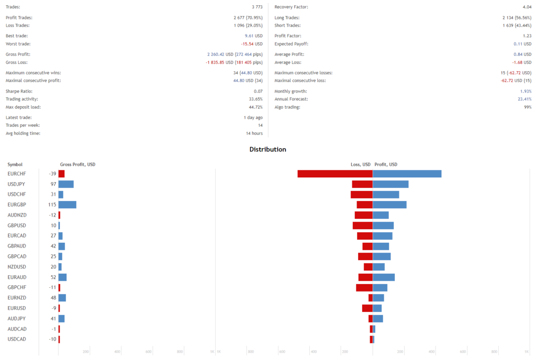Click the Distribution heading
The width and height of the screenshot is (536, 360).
[267, 150]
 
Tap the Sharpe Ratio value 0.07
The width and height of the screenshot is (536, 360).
[258, 92]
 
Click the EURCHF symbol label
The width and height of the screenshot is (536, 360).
[17, 174]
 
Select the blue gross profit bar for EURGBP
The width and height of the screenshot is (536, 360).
[68, 205]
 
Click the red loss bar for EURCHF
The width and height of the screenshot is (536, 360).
[335, 174]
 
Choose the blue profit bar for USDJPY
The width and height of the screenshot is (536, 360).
[390, 184]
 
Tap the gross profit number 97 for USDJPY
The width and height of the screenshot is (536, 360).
[53, 184]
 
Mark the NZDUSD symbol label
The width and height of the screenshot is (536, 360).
[17, 267]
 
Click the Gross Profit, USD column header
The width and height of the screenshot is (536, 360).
[77, 165]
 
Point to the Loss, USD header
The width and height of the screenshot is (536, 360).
[360, 165]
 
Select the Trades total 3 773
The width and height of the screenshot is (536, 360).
[256, 7]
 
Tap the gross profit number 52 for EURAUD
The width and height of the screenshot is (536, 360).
[53, 277]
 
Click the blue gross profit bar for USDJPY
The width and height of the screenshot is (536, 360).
[66, 184]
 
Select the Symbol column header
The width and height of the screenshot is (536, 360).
[15, 165]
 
